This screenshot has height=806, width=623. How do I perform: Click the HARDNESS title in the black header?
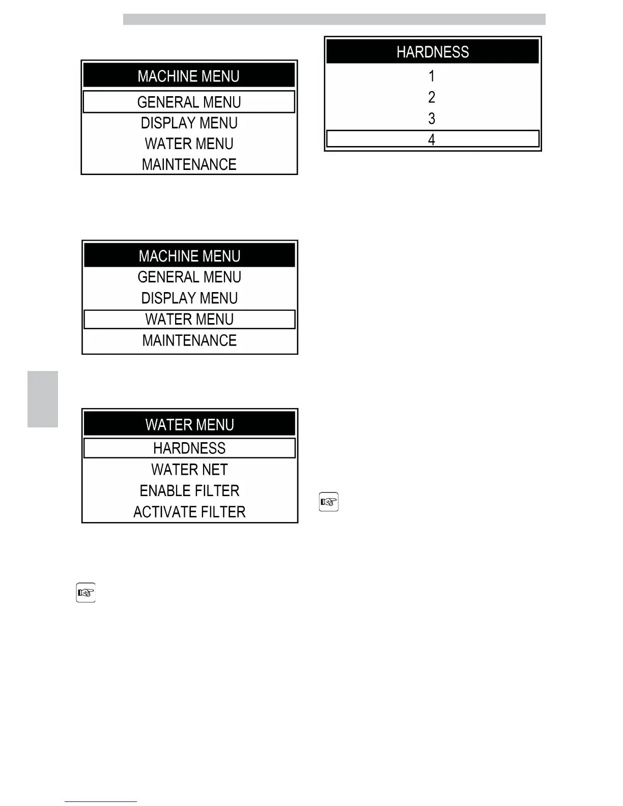[432, 52]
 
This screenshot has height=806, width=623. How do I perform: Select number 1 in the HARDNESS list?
[432, 76]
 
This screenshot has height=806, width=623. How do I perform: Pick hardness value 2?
[432, 97]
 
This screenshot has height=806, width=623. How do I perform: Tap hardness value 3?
[432, 119]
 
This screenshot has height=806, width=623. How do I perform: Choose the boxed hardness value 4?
[432, 139]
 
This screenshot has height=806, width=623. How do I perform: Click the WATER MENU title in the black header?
[189, 424]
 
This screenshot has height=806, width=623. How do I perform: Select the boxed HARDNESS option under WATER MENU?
[189, 448]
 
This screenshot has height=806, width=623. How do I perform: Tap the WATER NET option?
[189, 470]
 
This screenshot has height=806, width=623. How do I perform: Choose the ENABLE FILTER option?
[189, 491]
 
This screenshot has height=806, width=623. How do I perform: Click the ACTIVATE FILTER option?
[189, 512]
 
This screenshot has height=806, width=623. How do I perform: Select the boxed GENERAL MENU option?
[189, 102]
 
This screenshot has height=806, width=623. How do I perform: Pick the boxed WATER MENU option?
[189, 320]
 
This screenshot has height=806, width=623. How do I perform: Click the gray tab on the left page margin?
[43, 399]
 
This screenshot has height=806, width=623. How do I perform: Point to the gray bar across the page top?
[334, 19]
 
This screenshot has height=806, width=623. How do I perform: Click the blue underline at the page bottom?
[100, 801]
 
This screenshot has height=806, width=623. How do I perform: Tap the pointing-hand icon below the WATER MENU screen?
[86, 593]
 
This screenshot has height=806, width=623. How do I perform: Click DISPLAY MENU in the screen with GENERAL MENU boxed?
[189, 123]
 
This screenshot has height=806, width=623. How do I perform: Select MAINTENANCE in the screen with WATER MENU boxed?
[189, 340]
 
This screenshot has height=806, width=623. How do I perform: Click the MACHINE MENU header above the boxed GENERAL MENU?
[188, 76]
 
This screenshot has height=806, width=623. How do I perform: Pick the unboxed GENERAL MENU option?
[189, 277]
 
